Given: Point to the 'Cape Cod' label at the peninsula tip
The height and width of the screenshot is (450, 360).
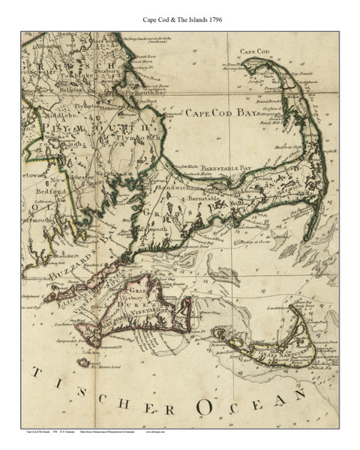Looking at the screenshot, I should (x=254, y=51).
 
